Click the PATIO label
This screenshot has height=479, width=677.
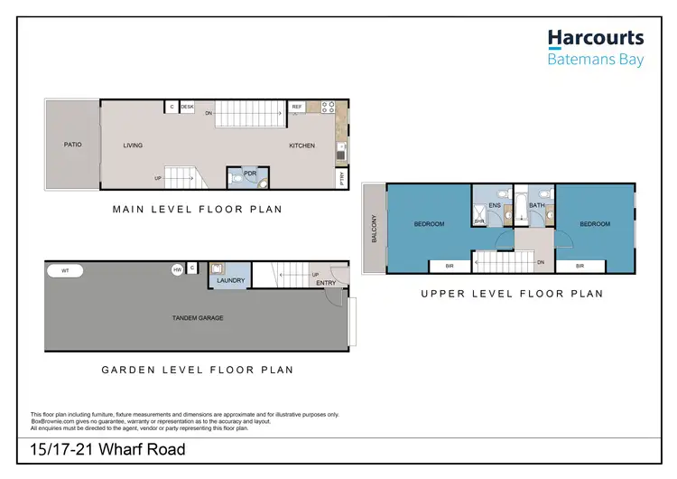coord(73,145)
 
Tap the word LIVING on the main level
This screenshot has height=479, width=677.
coord(134,145)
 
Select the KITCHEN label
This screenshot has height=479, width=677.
coord(301,146)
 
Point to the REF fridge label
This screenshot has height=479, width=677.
coord(297,107)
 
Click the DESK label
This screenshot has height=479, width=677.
coord(187,107)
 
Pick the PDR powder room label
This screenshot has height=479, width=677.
coord(237,171)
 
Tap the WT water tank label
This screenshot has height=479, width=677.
coord(65,269)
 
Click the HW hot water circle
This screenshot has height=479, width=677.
coord(177,269)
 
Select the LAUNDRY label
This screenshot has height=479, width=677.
coord(231,281)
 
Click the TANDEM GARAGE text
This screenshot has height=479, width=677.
coord(198,318)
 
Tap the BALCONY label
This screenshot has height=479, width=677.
coord(373,228)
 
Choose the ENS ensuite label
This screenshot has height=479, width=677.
coord(494,206)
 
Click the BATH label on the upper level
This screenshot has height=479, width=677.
coord(537,206)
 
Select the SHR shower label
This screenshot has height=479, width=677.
coord(479,220)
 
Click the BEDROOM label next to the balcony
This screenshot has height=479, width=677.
coord(429,224)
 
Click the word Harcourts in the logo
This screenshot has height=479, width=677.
coord(596,38)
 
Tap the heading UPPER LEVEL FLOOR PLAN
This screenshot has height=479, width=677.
coord(512,294)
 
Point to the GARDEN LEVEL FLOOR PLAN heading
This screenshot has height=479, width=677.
coord(197,370)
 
